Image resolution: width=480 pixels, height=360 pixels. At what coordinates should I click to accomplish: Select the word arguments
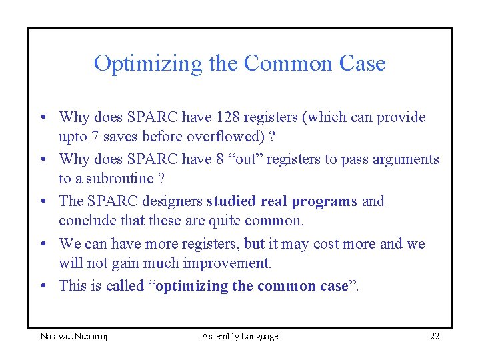pos(405,159)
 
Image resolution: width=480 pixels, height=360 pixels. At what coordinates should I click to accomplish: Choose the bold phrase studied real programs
pos(282,201)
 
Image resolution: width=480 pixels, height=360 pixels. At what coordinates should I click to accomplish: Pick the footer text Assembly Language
pos(240,336)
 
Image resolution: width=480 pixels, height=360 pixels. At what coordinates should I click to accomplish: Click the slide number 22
pos(434,336)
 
